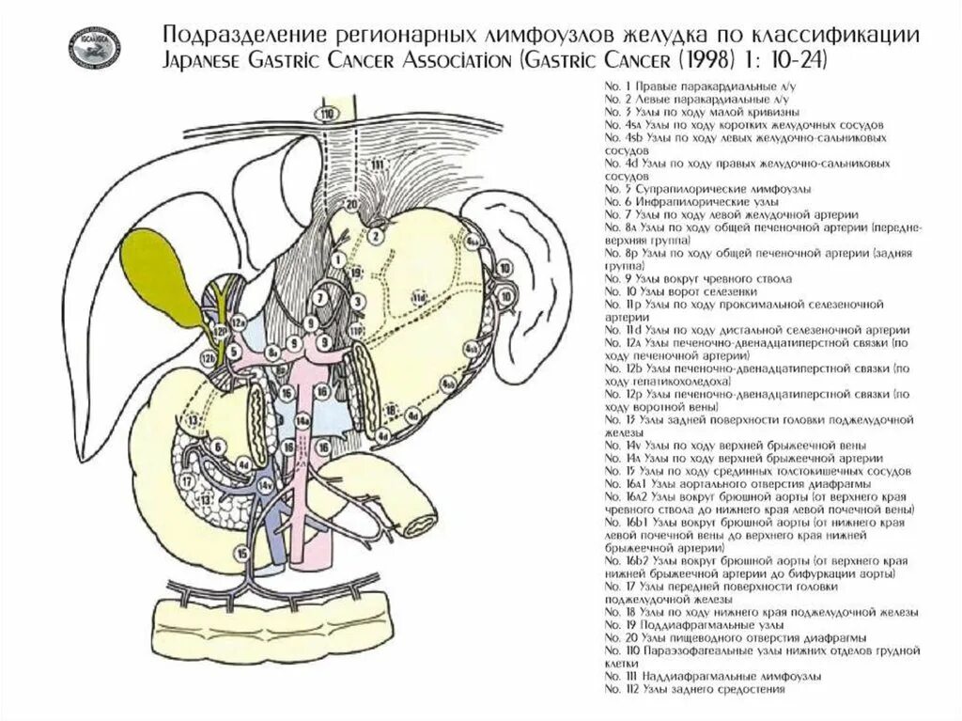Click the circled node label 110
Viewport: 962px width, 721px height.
coord(327,115)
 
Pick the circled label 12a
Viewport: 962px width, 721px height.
coord(239,322)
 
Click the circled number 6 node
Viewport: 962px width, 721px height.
coord(218,447)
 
